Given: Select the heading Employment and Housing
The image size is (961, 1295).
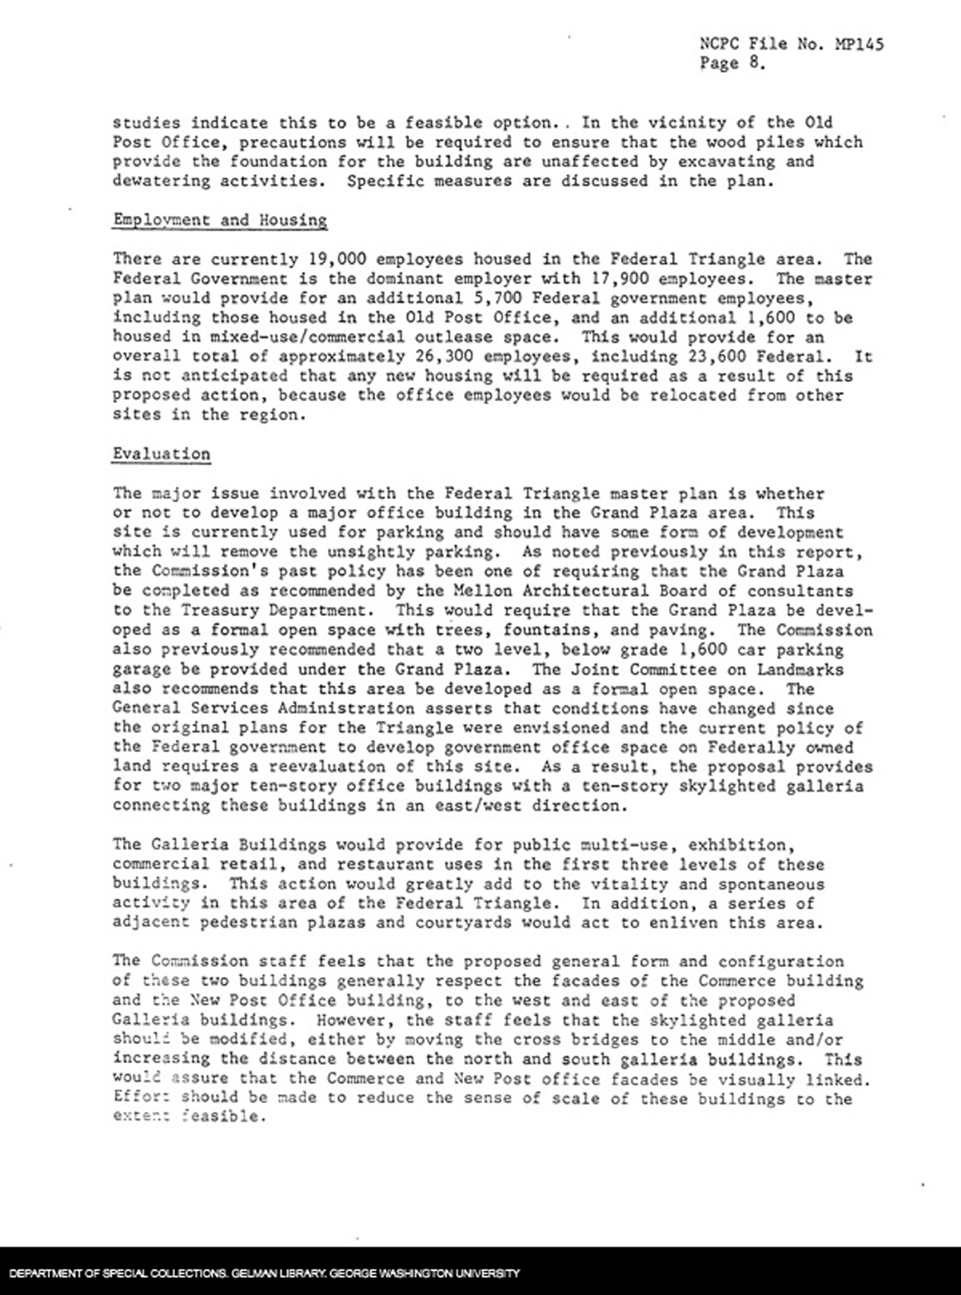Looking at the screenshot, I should coord(220,220).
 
